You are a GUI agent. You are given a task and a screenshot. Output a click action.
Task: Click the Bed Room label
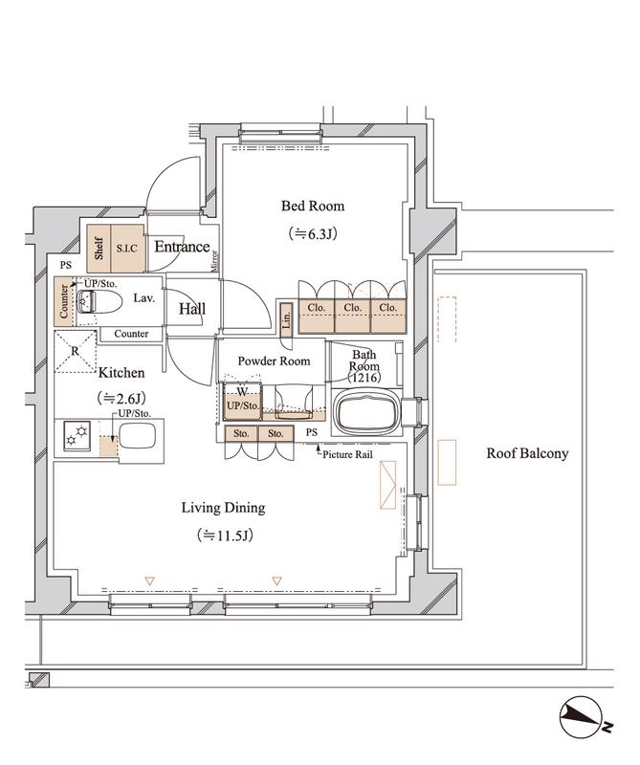pos(313,206)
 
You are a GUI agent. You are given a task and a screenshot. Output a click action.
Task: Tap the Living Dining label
pos(223,508)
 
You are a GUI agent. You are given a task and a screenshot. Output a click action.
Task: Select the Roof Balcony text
pos(527,453)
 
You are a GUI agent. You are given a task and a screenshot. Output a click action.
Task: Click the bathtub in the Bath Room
pos(366,411)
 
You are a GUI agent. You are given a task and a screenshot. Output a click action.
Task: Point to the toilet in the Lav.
pos(99,302)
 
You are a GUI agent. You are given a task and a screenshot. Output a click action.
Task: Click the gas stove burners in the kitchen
pos(77,436)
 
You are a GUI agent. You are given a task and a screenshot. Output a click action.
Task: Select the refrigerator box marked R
pos(76,352)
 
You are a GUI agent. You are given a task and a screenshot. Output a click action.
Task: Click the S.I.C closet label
pos(127,249)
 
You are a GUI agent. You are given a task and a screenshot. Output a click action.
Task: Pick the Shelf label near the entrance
pos(99,249)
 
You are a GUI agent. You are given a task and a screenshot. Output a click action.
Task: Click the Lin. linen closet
pos(287,319)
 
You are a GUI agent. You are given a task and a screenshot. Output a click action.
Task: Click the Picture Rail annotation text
pos(347,455)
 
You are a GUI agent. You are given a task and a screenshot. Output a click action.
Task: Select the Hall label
pos(192,308)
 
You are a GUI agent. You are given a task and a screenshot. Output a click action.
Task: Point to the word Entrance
pos(182,247)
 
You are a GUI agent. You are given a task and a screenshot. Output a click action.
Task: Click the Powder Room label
pos(274,361)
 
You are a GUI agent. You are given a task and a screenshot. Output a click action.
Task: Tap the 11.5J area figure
pos(225,535)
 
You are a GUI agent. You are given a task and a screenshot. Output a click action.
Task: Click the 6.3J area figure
pos(313,234)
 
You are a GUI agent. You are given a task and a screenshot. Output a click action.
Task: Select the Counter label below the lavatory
pos(131,334)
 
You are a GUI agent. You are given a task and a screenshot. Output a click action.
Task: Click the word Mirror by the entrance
pos(215,260)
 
